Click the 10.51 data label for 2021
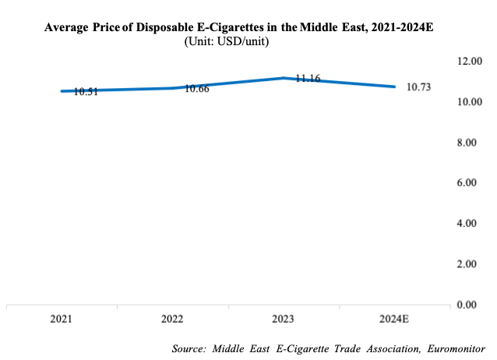pyautogui.click(x=86, y=91)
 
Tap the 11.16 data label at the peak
pyautogui.click(x=308, y=79)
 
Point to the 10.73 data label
pyautogui.click(x=418, y=86)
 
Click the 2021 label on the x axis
pyautogui.click(x=62, y=319)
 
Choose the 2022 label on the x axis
pyautogui.click(x=173, y=319)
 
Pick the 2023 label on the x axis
pyautogui.click(x=284, y=319)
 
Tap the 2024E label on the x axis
pyautogui.click(x=395, y=319)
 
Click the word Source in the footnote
pyautogui.click(x=190, y=348)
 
